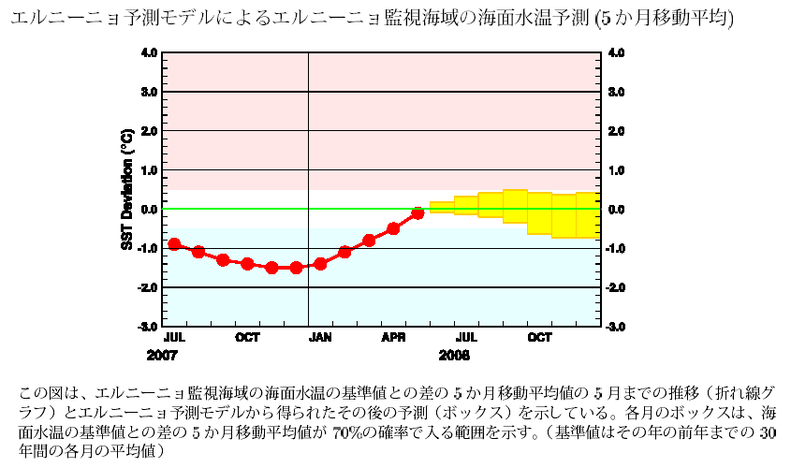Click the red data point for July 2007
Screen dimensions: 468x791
point(174,244)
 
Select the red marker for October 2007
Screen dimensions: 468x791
point(247,264)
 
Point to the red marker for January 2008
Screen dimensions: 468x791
point(320,264)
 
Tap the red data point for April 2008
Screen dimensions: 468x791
point(393,228)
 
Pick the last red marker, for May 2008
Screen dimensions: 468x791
point(417,213)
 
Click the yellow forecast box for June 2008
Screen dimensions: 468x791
point(442,208)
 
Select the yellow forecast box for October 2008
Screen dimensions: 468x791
point(539,212)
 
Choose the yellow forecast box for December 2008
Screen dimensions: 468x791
point(588,215)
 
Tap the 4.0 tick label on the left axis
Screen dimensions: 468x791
point(149,53)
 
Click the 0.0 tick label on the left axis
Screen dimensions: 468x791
point(149,210)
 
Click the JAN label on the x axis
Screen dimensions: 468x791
point(321,338)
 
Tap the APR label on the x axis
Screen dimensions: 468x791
point(393,338)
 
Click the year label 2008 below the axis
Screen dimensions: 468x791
point(454,357)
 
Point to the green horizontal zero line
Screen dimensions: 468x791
point(281,209)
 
